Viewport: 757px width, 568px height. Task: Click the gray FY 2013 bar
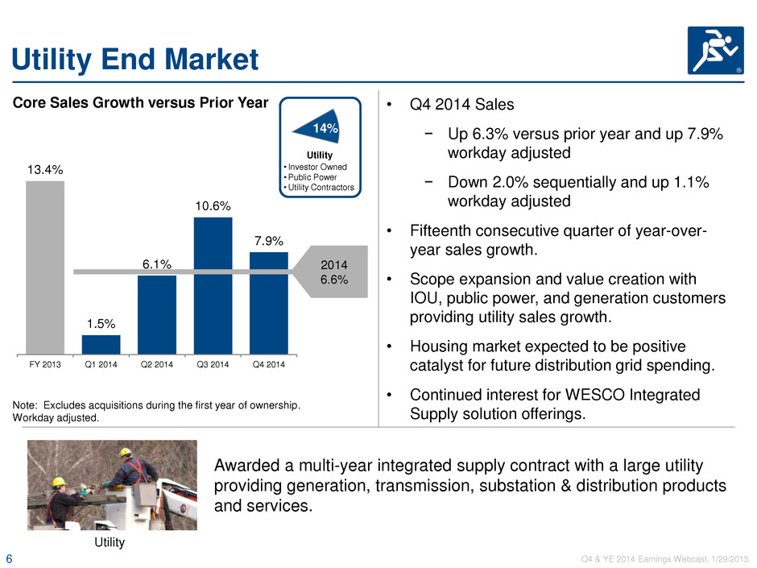[45, 267]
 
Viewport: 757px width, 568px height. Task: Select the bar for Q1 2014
[101, 345]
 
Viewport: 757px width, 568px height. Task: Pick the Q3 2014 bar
[213, 286]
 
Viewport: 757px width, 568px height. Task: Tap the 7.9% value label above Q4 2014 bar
[269, 241]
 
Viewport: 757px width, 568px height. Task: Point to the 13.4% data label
[45, 169]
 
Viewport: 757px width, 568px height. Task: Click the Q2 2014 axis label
[157, 364]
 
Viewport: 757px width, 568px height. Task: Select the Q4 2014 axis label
[269, 364]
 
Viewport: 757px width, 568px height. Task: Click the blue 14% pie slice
[320, 127]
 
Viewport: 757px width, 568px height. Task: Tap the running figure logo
[715, 50]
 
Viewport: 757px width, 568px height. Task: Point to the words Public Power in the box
[312, 177]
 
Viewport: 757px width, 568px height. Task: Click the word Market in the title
[212, 60]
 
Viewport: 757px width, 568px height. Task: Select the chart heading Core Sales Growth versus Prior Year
[140, 103]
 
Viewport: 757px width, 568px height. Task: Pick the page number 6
[9, 559]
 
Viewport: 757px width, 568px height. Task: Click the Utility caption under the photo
[110, 542]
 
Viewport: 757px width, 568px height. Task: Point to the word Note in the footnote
[23, 405]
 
